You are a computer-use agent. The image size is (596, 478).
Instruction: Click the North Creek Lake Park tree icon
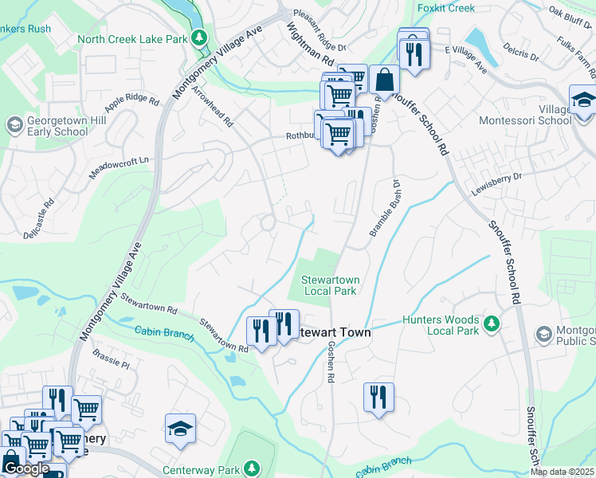point(200,38)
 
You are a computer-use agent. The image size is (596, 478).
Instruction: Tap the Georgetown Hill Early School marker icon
point(14,125)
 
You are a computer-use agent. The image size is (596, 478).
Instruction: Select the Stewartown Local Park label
point(327,284)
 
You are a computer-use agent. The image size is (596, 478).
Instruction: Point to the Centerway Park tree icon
point(252,468)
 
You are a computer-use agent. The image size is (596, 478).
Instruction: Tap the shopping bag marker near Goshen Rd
point(384,80)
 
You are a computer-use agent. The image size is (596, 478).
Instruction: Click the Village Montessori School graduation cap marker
point(583,102)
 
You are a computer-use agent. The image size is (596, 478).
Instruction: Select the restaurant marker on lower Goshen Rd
point(378,396)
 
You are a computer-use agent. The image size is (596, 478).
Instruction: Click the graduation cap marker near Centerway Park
point(180,428)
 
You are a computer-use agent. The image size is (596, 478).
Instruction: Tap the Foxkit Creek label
point(445,9)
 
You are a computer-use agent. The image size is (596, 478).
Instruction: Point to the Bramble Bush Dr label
point(383,211)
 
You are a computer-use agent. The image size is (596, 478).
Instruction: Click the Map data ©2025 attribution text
point(562,472)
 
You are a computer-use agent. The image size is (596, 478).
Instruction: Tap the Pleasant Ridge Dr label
point(319,30)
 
